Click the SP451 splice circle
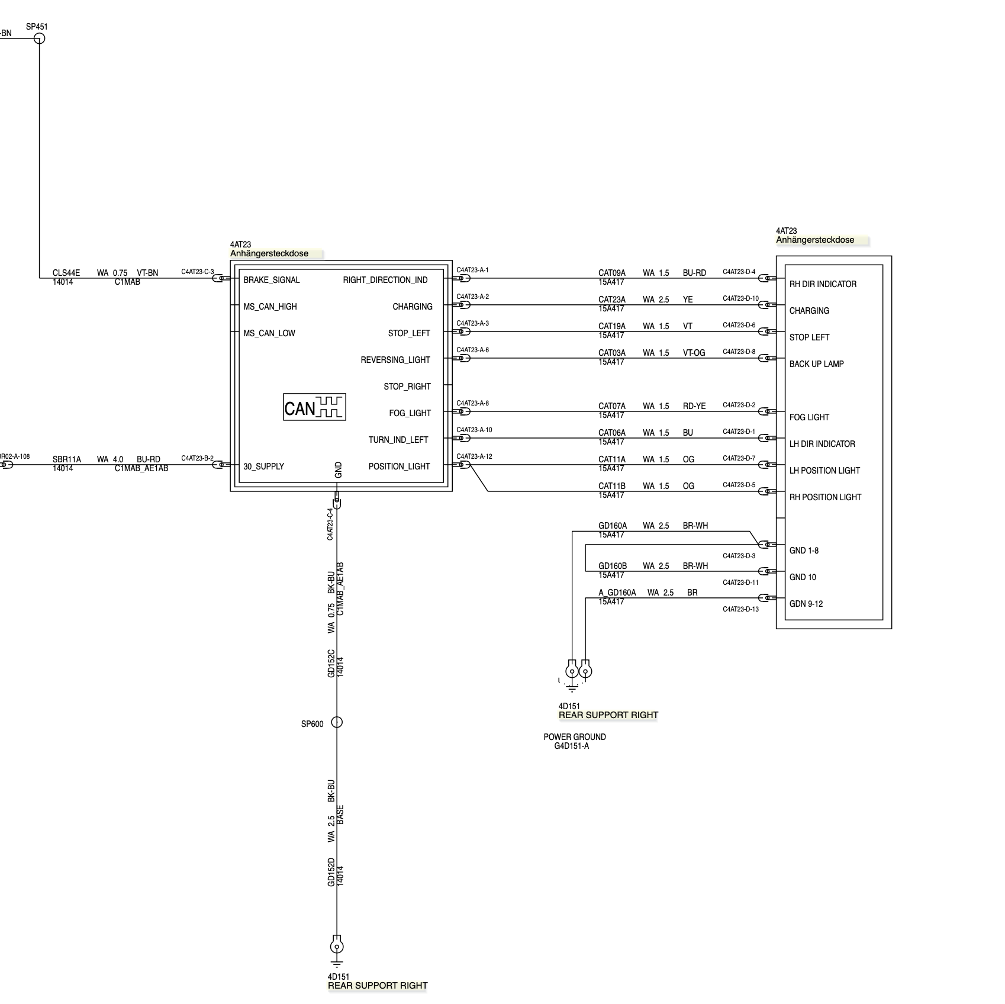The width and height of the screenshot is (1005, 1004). pos(39,38)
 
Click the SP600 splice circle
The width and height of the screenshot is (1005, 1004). pos(336,722)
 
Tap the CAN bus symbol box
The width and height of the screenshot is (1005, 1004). pos(314,407)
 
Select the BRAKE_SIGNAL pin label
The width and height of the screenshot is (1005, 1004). pos(271,280)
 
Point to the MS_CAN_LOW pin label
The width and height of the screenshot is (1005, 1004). pos(269,333)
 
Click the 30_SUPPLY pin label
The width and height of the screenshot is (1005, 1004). pos(263,466)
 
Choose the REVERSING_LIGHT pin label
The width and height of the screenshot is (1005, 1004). pos(395,360)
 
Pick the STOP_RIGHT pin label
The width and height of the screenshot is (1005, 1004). pos(407,387)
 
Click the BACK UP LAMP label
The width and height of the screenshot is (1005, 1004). pos(816,364)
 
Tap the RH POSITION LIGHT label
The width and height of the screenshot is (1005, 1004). pos(825,497)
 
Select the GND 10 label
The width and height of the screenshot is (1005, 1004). pos(803,577)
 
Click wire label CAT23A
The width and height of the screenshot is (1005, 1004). pos(611,300)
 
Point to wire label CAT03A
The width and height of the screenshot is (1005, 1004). pos(611,353)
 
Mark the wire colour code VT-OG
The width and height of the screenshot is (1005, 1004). pos(694,353)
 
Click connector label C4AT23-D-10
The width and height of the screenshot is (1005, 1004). pos(740,298)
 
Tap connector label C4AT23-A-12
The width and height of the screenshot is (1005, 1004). pos(474,456)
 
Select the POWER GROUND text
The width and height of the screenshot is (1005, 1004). pos(575,737)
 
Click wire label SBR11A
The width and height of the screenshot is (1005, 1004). pos(66,459)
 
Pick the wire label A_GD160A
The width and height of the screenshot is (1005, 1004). pos(617,593)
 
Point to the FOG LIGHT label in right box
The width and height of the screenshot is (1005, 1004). pos(809,417)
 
